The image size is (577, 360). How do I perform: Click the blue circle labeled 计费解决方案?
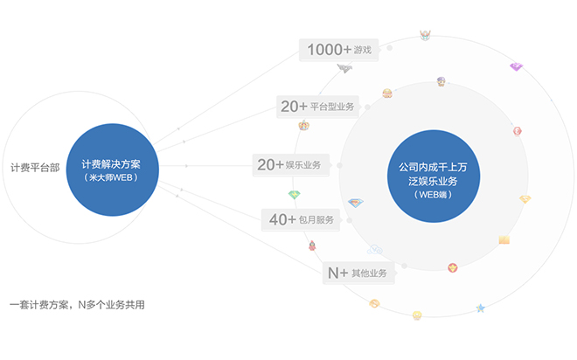[x=112, y=170]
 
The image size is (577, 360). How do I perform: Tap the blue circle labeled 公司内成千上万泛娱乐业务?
[x=434, y=177]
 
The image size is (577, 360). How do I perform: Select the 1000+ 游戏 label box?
[x=339, y=50]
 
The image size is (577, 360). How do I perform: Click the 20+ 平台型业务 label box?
[x=317, y=107]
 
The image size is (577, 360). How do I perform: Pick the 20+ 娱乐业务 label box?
[x=291, y=165]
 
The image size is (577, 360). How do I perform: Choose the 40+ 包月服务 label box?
[x=301, y=220]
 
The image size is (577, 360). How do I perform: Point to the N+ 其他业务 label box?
[x=358, y=273]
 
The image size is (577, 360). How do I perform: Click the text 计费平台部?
[x=35, y=168]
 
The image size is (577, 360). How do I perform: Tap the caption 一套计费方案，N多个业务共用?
[x=77, y=305]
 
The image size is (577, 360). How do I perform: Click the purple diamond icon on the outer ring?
[x=517, y=66]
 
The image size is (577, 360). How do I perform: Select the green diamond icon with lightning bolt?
[x=295, y=194]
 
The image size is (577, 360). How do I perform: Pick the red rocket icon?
[x=312, y=246]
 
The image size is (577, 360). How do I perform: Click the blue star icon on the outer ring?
[x=480, y=308]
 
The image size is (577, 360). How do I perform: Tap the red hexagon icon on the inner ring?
[x=518, y=131]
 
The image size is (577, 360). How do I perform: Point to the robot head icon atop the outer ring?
[x=426, y=35]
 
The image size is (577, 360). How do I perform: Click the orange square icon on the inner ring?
[x=504, y=240]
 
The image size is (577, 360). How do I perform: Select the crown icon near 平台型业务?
[x=304, y=126]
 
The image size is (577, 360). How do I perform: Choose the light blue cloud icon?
[x=375, y=250]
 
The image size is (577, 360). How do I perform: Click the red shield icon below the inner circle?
[x=453, y=267]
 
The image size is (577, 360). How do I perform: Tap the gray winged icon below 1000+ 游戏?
[x=344, y=68]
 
